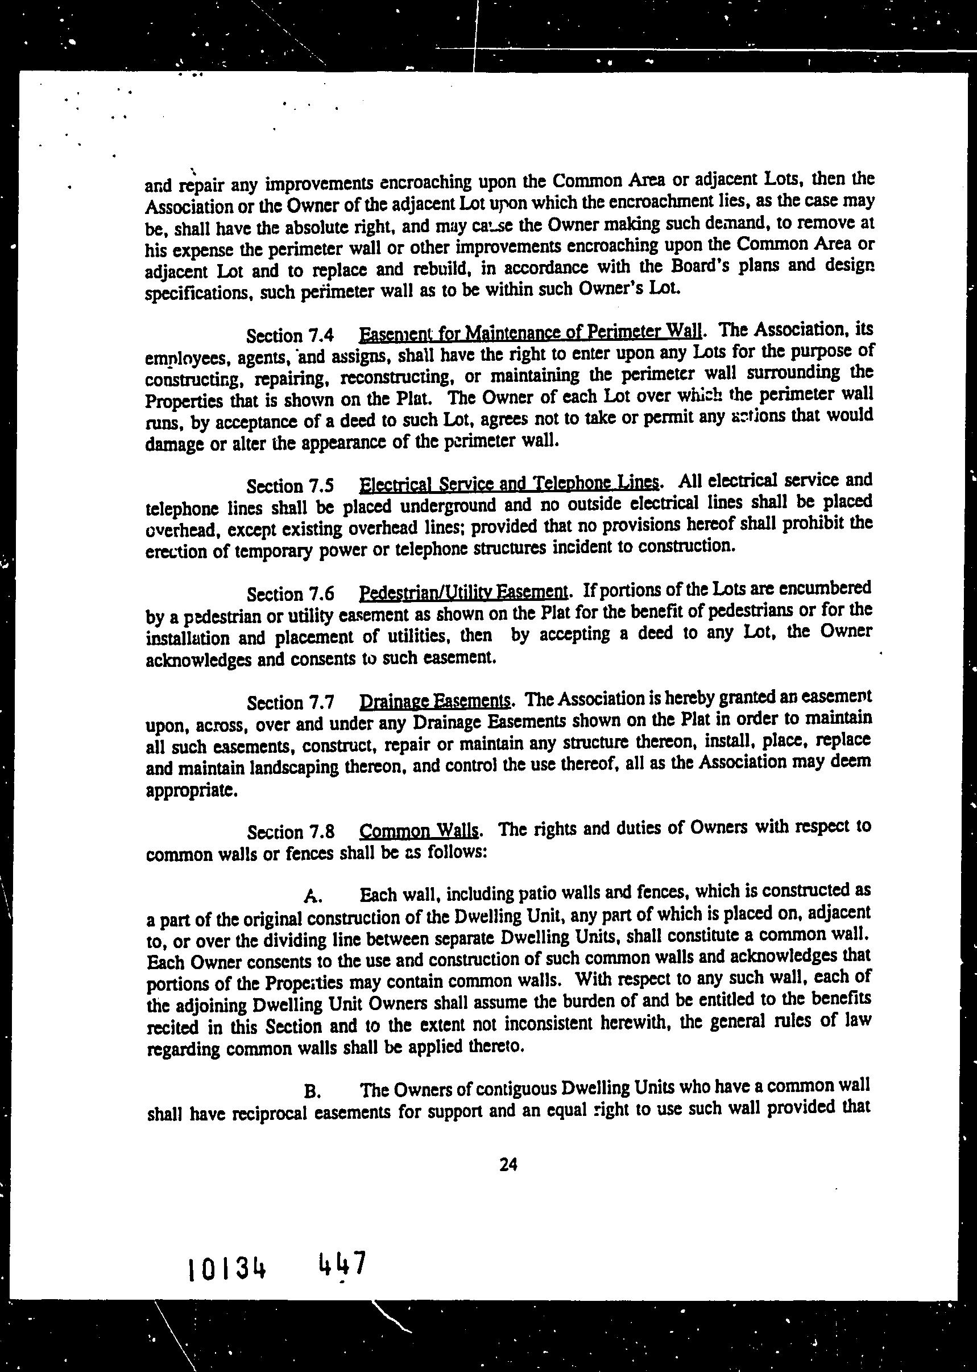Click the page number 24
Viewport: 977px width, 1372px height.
(508, 1165)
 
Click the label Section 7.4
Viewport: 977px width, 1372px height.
(291, 335)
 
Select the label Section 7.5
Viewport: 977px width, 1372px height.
(291, 486)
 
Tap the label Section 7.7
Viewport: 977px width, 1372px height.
(291, 703)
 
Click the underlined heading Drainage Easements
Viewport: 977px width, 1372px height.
(435, 701)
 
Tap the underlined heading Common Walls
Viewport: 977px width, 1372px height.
(419, 831)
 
